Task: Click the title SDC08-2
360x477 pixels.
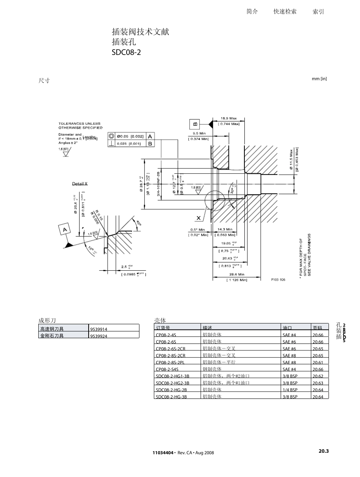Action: (126, 52)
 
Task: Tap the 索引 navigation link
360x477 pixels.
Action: (318, 12)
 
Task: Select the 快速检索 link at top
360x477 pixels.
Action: (285, 12)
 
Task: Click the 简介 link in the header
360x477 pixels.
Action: (252, 12)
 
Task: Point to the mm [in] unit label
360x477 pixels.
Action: (319, 79)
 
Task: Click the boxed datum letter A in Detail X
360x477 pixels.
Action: (65, 230)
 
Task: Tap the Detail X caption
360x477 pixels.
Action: (80, 184)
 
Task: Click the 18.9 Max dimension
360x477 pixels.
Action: (229, 119)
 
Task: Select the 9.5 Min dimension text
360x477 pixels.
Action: (199, 133)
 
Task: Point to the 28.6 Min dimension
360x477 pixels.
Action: (236, 274)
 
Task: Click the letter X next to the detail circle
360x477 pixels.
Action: (198, 218)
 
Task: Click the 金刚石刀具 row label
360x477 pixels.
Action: (52, 336)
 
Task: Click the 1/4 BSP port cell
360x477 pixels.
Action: (290, 390)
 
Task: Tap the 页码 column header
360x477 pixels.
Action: (317, 328)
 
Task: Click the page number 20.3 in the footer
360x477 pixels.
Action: (323, 451)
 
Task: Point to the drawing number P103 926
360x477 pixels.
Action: (278, 279)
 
